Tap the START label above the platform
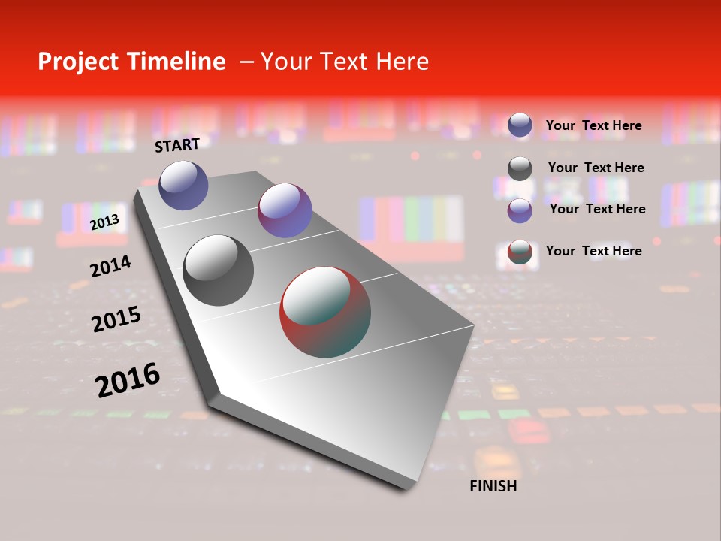point(177,145)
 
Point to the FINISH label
point(493,486)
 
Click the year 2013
point(104,222)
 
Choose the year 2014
point(110,266)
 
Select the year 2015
point(116,319)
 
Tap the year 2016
point(128,380)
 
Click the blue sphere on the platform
point(183,185)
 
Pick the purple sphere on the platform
point(285,210)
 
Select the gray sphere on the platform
point(219,270)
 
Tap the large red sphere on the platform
point(325,311)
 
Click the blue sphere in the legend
point(520,125)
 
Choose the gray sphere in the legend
point(520,168)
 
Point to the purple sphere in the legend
point(520,210)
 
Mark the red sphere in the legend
point(520,252)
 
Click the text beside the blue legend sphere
point(593,125)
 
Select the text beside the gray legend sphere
point(596,168)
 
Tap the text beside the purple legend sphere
point(597,209)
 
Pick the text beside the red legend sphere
point(593,251)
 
